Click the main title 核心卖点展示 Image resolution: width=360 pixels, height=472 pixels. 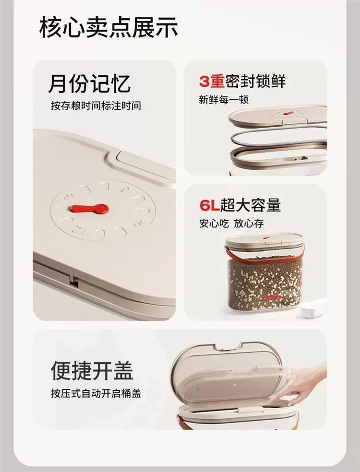(x=108, y=28)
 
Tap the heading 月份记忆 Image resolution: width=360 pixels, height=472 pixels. (x=89, y=83)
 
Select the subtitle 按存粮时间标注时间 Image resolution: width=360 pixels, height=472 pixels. (x=96, y=106)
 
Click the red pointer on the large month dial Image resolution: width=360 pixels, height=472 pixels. (x=89, y=208)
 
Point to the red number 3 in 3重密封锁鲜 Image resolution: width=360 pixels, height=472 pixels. (x=204, y=82)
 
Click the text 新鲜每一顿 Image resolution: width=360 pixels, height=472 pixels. (x=224, y=100)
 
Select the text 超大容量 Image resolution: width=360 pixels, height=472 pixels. (x=251, y=205)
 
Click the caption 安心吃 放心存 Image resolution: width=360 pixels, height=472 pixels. (x=231, y=224)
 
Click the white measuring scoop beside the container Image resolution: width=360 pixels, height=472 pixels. (x=314, y=307)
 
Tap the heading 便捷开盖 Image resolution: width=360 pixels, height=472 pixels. (x=92, y=371)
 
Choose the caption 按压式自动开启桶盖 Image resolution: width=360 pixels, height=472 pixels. (x=96, y=393)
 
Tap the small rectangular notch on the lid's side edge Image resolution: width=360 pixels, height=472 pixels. (x=74, y=282)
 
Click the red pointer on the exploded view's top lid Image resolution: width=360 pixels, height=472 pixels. (x=288, y=113)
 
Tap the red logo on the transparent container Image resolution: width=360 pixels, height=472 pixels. (x=272, y=298)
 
